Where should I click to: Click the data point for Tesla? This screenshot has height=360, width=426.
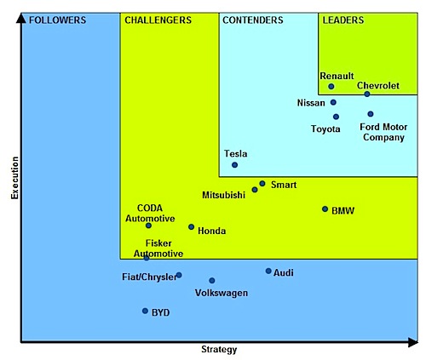(234, 165)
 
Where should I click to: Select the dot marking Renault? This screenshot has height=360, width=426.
(331, 87)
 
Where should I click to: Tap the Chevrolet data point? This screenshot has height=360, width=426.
(367, 94)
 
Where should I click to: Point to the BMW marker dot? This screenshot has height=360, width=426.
(325, 209)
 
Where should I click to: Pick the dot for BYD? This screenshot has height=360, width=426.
(145, 311)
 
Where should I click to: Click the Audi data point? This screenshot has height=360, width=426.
(268, 271)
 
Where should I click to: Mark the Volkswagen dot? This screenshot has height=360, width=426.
(212, 281)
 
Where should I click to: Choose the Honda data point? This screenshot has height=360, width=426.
(192, 227)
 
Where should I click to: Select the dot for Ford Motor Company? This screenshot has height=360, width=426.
(371, 114)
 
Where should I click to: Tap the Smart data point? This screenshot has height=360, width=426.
(262, 184)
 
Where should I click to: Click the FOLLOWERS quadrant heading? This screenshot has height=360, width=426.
(58, 20)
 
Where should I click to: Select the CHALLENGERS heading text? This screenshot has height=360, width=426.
(158, 20)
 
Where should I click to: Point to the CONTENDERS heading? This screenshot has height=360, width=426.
(253, 20)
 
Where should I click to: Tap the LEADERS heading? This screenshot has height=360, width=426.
(343, 20)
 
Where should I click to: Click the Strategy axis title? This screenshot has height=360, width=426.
(219, 349)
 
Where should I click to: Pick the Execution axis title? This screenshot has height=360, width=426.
(14, 178)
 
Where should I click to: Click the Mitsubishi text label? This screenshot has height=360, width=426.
(223, 195)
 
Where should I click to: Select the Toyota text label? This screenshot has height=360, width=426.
(325, 129)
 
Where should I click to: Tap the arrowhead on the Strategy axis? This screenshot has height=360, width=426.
(413, 342)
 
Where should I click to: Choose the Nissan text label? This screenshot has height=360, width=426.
(311, 103)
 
